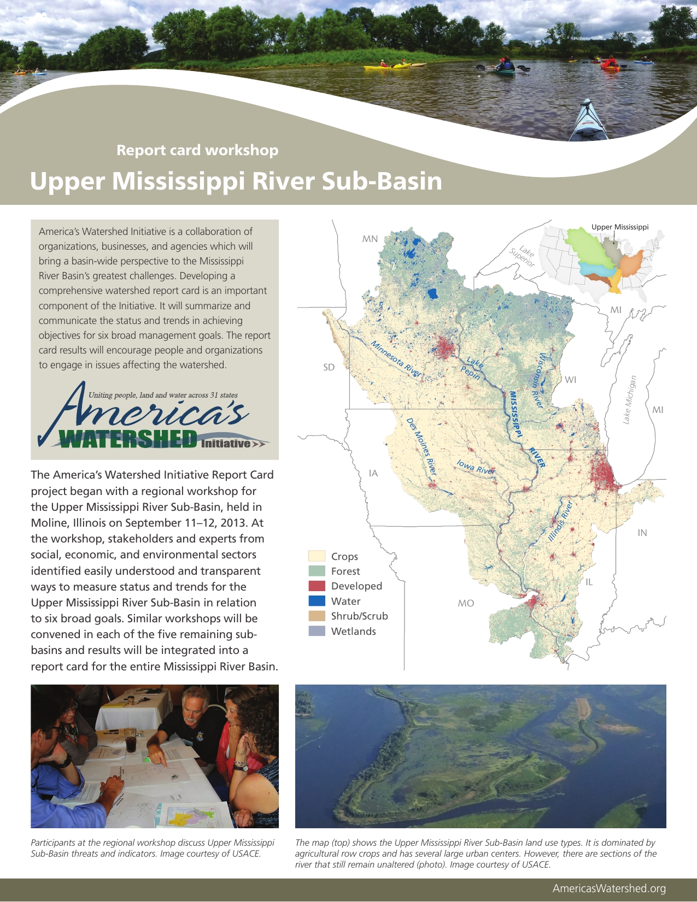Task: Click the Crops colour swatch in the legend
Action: coord(317,556)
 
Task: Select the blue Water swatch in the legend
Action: coord(317,601)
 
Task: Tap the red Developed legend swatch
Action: coord(317,586)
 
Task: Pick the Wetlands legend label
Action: coord(353,631)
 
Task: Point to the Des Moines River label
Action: coord(421,446)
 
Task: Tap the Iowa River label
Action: coord(476,467)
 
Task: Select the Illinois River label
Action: coord(560,521)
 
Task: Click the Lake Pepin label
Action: coord(473,368)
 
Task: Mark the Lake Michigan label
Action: coord(630,399)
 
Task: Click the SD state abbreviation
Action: coord(329,367)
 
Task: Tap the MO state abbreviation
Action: coord(466,603)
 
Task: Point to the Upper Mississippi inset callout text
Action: coord(620,227)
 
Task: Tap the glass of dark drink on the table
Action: coord(131,740)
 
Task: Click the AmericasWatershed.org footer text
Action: coord(609,888)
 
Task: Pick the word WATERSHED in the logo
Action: coord(128,439)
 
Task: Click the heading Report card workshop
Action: coord(197,150)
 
